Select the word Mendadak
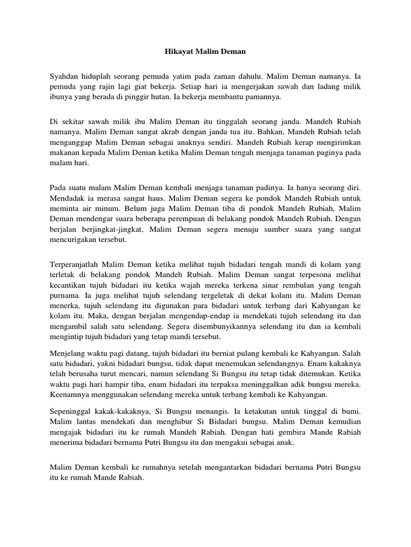click(68, 198)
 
